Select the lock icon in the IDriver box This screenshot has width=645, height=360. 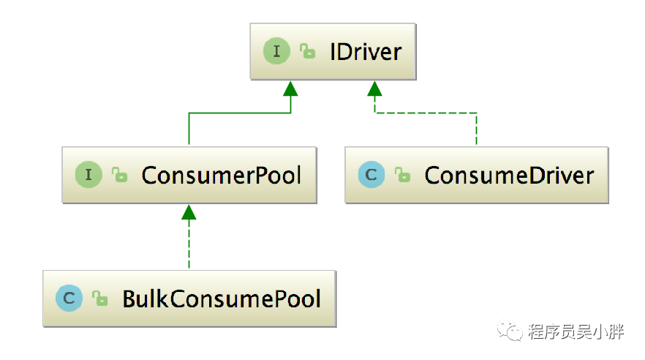tap(307, 52)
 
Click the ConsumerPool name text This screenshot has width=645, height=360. tap(221, 176)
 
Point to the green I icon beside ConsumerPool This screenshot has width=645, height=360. tap(88, 175)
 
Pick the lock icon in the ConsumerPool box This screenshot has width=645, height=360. tap(118, 176)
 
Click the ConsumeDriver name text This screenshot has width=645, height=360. tap(509, 176)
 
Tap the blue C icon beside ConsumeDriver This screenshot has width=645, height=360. tap(371, 175)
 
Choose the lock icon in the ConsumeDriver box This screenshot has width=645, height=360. tap(401, 176)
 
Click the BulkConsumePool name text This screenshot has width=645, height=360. tap(222, 299)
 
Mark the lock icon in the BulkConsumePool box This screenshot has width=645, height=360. tap(99, 299)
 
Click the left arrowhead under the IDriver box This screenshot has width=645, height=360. tap(291, 89)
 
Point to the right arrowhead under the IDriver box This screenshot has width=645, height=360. tap(375, 89)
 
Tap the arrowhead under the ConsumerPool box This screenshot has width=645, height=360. tap(189, 212)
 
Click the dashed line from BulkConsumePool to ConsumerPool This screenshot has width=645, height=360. tap(189, 246)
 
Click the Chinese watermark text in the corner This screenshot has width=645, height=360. tap(576, 332)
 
